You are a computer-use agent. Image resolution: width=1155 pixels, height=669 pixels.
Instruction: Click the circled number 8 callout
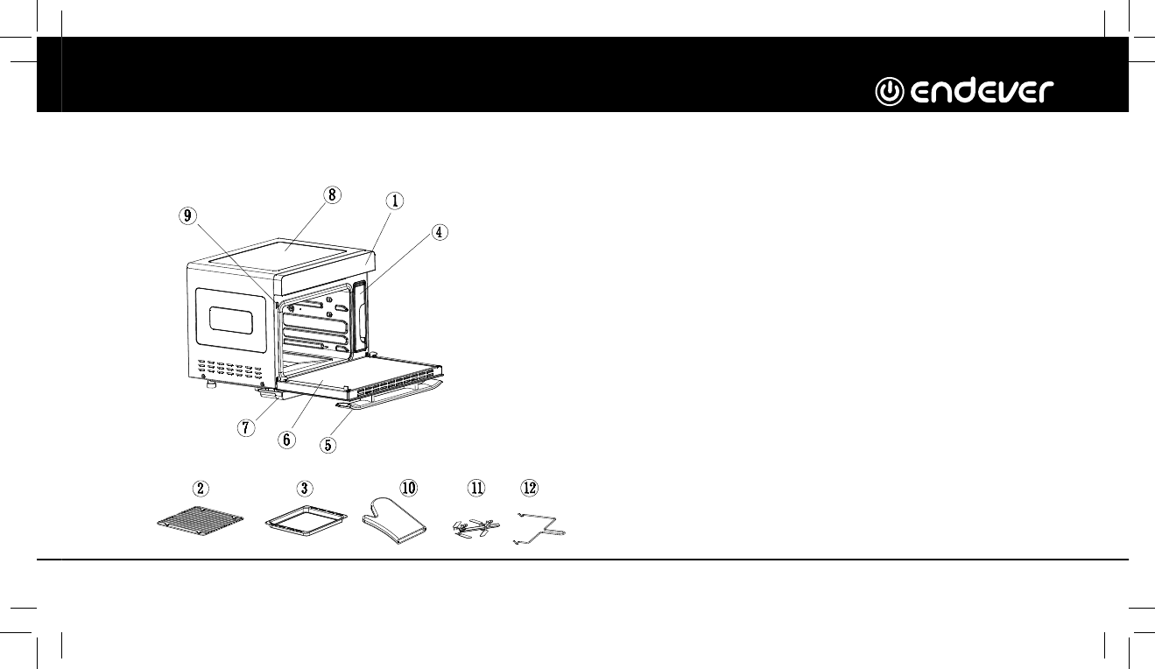click(x=332, y=195)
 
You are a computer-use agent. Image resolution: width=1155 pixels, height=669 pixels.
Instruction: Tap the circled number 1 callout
click(x=395, y=201)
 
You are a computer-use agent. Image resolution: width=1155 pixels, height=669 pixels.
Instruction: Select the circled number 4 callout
click(x=440, y=232)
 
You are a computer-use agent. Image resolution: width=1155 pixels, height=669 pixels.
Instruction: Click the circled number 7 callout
click(x=247, y=428)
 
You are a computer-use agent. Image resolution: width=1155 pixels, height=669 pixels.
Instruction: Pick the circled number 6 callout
click(x=286, y=440)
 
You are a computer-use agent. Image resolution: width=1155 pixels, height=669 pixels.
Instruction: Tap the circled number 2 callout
click(x=202, y=487)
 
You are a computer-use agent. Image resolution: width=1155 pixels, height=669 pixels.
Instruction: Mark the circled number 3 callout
click(x=302, y=487)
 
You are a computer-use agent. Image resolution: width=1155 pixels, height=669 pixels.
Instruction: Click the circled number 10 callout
click(x=409, y=487)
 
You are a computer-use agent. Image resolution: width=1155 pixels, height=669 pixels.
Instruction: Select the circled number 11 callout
click(x=476, y=487)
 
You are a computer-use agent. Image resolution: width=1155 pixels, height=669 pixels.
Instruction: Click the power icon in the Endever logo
click(x=891, y=90)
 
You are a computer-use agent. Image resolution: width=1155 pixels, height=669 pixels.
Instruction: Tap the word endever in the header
click(x=980, y=91)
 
